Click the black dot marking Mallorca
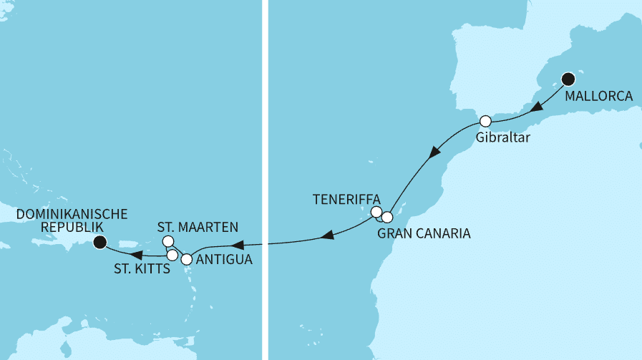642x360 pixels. coord(568,79)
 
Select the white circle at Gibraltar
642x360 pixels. coord(485,120)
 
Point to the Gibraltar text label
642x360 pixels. coord(502,138)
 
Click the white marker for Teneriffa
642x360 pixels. coord(376,212)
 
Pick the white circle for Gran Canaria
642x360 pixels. coord(387,217)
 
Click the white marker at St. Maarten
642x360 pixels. coord(168,241)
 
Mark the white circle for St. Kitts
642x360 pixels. coord(172,255)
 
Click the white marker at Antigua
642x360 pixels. coord(187,259)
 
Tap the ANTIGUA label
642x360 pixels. coord(223,260)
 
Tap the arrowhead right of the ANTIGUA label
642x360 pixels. coord(326,235)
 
